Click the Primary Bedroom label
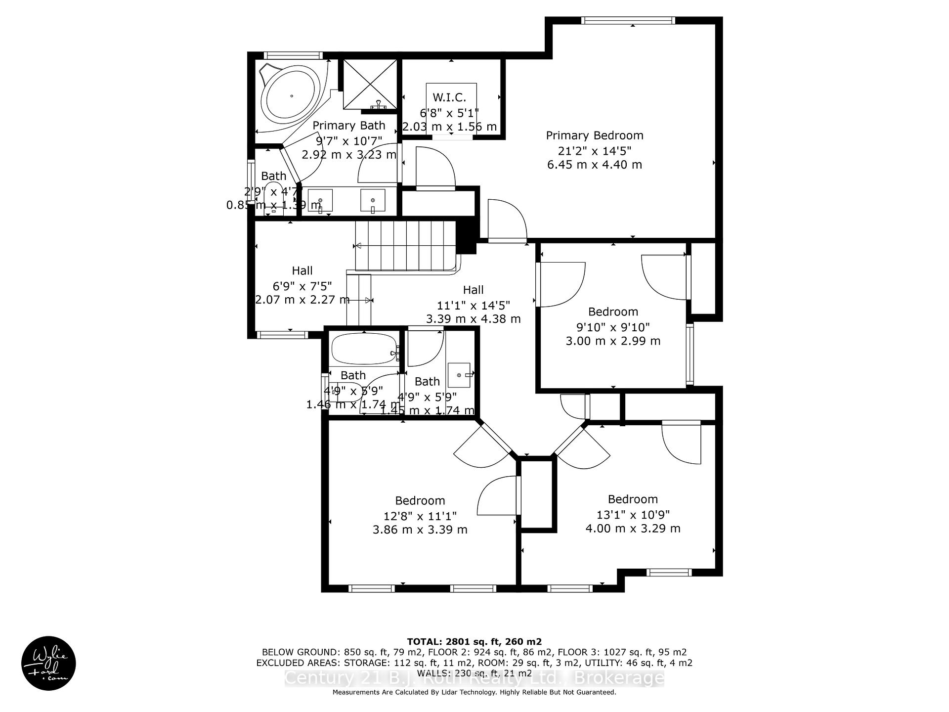[595, 135]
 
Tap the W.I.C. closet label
[449, 97]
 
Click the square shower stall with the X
[370, 84]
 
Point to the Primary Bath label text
[348, 126]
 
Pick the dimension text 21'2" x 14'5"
[595, 150]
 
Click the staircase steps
[405, 245]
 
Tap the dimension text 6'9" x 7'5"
[302, 286]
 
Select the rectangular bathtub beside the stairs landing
[364, 349]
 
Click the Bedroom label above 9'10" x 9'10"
[613, 312]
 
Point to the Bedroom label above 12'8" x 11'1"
[420, 501]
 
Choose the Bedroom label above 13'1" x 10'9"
[633, 499]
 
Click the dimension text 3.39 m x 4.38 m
[473, 319]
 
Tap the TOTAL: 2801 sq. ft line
[474, 642]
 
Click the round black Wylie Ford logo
[48, 663]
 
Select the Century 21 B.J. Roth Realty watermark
[474, 678]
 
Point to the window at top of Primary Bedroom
[628, 20]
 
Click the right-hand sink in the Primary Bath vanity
[372, 201]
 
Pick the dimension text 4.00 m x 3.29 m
[633, 529]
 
